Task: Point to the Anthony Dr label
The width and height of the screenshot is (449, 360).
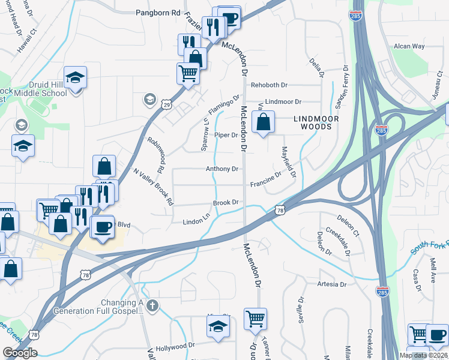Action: pos(222,169)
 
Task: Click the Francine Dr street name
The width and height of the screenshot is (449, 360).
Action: pos(266,179)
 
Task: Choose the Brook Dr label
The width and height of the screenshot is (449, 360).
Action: pos(226,203)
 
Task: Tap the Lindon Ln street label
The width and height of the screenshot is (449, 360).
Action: pos(196,222)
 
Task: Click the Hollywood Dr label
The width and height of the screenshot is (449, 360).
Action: pos(175,346)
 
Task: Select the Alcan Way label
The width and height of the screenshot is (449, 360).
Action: pos(409,46)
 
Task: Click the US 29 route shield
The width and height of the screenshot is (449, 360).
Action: pos(166,105)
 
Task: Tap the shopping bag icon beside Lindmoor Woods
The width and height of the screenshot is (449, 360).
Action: pos(263,122)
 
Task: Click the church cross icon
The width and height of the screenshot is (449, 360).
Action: pos(152,306)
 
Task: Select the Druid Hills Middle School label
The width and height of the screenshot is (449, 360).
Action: pos(41,89)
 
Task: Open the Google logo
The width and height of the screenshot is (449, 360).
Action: pos(20,353)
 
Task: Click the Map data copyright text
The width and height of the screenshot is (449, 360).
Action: pos(423,355)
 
